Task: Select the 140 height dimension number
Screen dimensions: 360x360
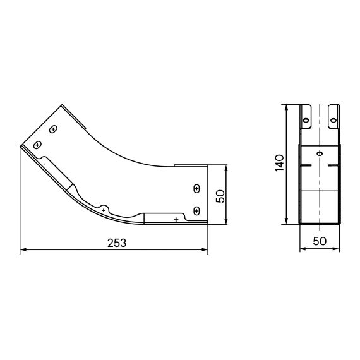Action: tap(280, 163)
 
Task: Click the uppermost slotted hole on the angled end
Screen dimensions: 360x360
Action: tap(54, 129)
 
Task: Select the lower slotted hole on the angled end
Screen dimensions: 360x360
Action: tap(38, 145)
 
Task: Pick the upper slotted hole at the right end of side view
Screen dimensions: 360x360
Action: tap(196, 189)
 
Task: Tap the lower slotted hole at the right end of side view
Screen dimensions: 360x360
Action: tap(196, 209)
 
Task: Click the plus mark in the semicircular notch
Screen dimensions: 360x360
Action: tap(104, 208)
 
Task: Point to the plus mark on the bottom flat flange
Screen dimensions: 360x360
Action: tap(176, 219)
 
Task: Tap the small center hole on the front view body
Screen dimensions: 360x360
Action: tap(320, 153)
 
